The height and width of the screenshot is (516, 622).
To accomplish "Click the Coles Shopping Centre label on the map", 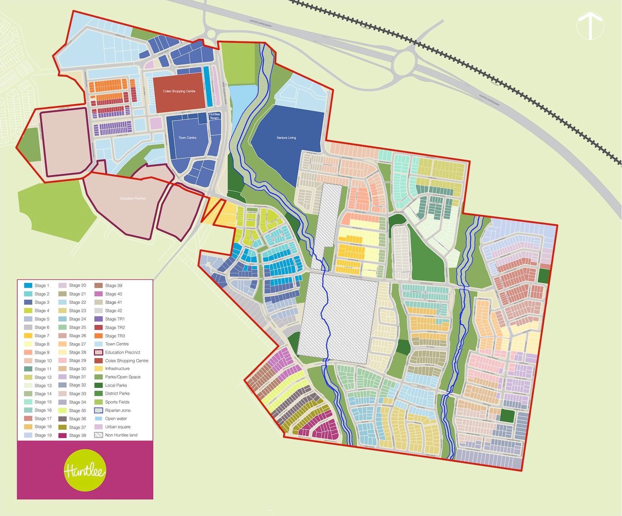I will [x=179, y=91].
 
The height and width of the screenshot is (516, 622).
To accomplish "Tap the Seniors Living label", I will [x=286, y=138].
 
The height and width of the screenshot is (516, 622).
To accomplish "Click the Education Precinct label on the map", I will [x=132, y=198].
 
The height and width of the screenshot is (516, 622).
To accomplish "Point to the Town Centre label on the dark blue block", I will [x=187, y=138].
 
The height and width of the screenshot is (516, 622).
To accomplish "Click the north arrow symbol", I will [x=590, y=25].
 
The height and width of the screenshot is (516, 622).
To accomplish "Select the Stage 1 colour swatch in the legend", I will [x=28, y=286].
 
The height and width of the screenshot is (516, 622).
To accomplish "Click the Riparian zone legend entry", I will [x=117, y=410].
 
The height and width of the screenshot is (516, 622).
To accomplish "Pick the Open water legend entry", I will [x=116, y=419].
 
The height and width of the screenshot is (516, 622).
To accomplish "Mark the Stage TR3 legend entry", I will [x=115, y=336].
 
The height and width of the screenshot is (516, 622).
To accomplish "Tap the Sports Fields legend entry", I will [x=117, y=402].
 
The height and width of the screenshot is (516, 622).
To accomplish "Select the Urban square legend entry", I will [x=117, y=427].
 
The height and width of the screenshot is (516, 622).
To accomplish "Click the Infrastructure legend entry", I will [x=117, y=369].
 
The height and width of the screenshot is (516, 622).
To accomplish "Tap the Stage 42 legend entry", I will [x=113, y=311].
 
